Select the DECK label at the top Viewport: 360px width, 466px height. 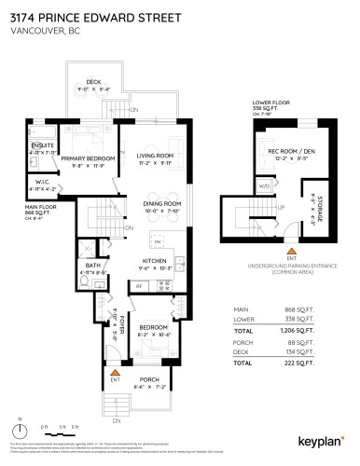coord(92,82)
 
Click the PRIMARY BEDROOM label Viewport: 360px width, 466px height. coord(87,159)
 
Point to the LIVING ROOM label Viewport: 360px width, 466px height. coord(156,157)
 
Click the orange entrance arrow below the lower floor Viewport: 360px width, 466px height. coord(291,252)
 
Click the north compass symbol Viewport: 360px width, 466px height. coord(16,431)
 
